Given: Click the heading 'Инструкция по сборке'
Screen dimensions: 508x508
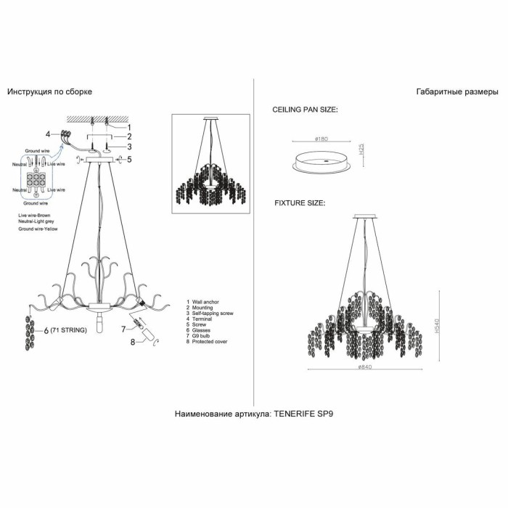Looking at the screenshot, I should click(50, 92).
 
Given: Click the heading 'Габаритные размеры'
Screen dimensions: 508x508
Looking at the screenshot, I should click(457, 92).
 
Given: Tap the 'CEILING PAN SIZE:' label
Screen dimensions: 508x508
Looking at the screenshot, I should click(305, 110).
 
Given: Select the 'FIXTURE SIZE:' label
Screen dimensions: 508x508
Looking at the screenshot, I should click(299, 203).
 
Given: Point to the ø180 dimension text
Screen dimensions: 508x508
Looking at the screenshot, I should click(324, 138).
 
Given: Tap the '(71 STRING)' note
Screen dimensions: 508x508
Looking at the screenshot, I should click(69, 330).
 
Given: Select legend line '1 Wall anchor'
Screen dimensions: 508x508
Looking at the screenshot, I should click(205, 301).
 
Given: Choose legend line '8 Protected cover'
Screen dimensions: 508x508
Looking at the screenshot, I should click(208, 341).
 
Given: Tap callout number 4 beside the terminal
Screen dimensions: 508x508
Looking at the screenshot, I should click(48, 134).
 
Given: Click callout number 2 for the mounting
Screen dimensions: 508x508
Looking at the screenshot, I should click(128, 136).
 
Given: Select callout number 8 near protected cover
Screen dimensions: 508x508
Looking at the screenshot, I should click(133, 340).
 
